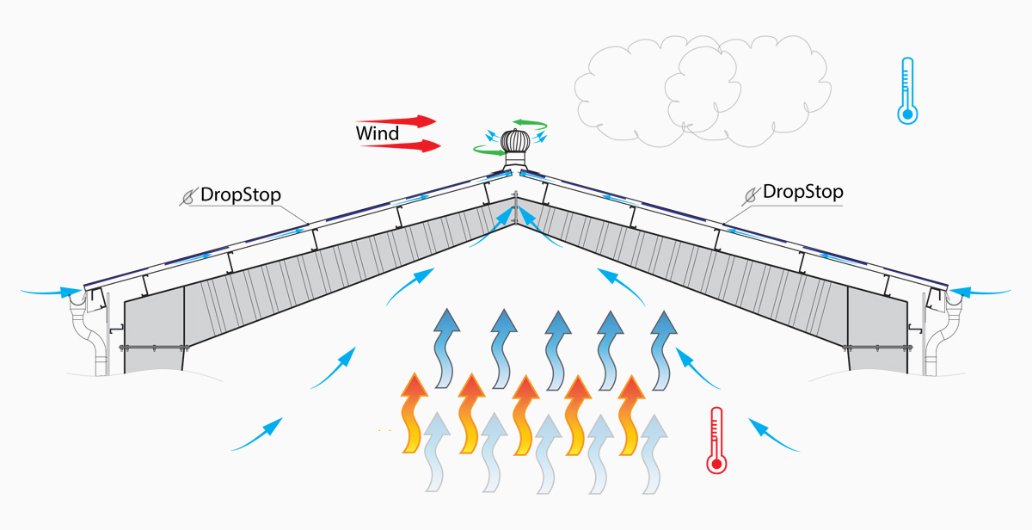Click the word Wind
[x=378, y=133]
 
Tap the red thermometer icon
[x=716, y=441]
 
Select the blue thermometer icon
[x=906, y=90]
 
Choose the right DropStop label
[x=802, y=191]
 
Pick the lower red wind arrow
[x=401, y=145]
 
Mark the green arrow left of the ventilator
[x=488, y=151]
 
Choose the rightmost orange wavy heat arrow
[x=632, y=413]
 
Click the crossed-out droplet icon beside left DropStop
[x=188, y=195]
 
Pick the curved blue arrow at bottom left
[x=258, y=434]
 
